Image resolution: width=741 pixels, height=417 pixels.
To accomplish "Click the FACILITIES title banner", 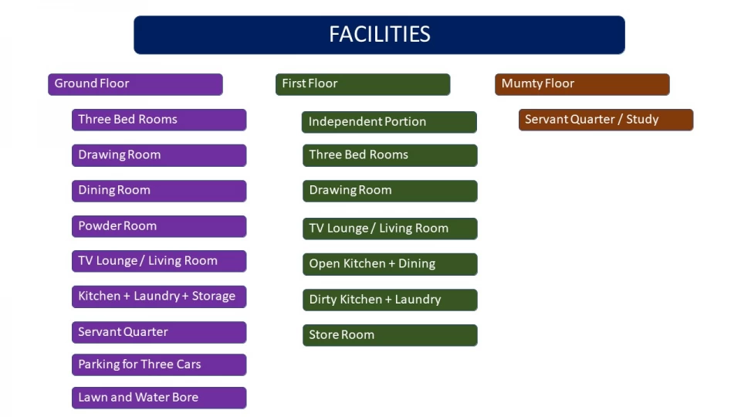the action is [x=379, y=35].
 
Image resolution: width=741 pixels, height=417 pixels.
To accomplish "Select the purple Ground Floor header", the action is [x=135, y=84].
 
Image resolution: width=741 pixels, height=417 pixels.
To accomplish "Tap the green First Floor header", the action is [x=363, y=84].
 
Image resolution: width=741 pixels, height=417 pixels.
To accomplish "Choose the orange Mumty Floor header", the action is [x=582, y=84].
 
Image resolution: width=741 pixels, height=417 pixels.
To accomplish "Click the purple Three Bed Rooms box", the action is [x=159, y=120].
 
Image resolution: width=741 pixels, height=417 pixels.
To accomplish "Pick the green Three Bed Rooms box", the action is [x=390, y=155].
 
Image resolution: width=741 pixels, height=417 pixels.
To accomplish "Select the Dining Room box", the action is [x=159, y=191].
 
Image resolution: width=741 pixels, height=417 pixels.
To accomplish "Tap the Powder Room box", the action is [x=159, y=226].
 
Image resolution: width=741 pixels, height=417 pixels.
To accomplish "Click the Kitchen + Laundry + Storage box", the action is [x=159, y=297].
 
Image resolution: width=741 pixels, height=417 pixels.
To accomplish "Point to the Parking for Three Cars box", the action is [x=159, y=364].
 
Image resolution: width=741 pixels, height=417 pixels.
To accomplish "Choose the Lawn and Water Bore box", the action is [x=159, y=398].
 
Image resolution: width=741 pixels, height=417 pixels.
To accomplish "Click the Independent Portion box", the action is [x=389, y=122].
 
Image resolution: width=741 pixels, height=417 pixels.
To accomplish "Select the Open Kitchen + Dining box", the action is [x=390, y=264].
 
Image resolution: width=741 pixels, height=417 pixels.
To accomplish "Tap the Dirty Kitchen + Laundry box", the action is [x=390, y=300].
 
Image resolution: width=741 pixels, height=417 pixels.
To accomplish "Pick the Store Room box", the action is [x=390, y=335].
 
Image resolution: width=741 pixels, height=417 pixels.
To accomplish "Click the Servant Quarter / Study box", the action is [x=606, y=120].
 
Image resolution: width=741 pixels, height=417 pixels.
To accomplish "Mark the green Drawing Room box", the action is [x=390, y=191].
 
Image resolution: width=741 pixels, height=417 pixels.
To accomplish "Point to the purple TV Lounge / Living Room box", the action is [x=159, y=261].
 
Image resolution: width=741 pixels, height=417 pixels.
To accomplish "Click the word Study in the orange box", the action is [x=642, y=120].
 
